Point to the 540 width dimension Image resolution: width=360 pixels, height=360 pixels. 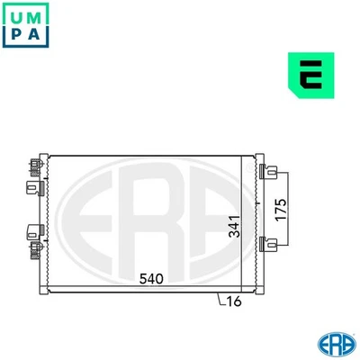152,280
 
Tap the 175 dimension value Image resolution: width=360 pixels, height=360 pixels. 280,208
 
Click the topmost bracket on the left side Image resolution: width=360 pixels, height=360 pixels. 35,166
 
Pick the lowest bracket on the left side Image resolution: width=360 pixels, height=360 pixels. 35,249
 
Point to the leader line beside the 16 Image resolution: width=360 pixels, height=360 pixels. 221,301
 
